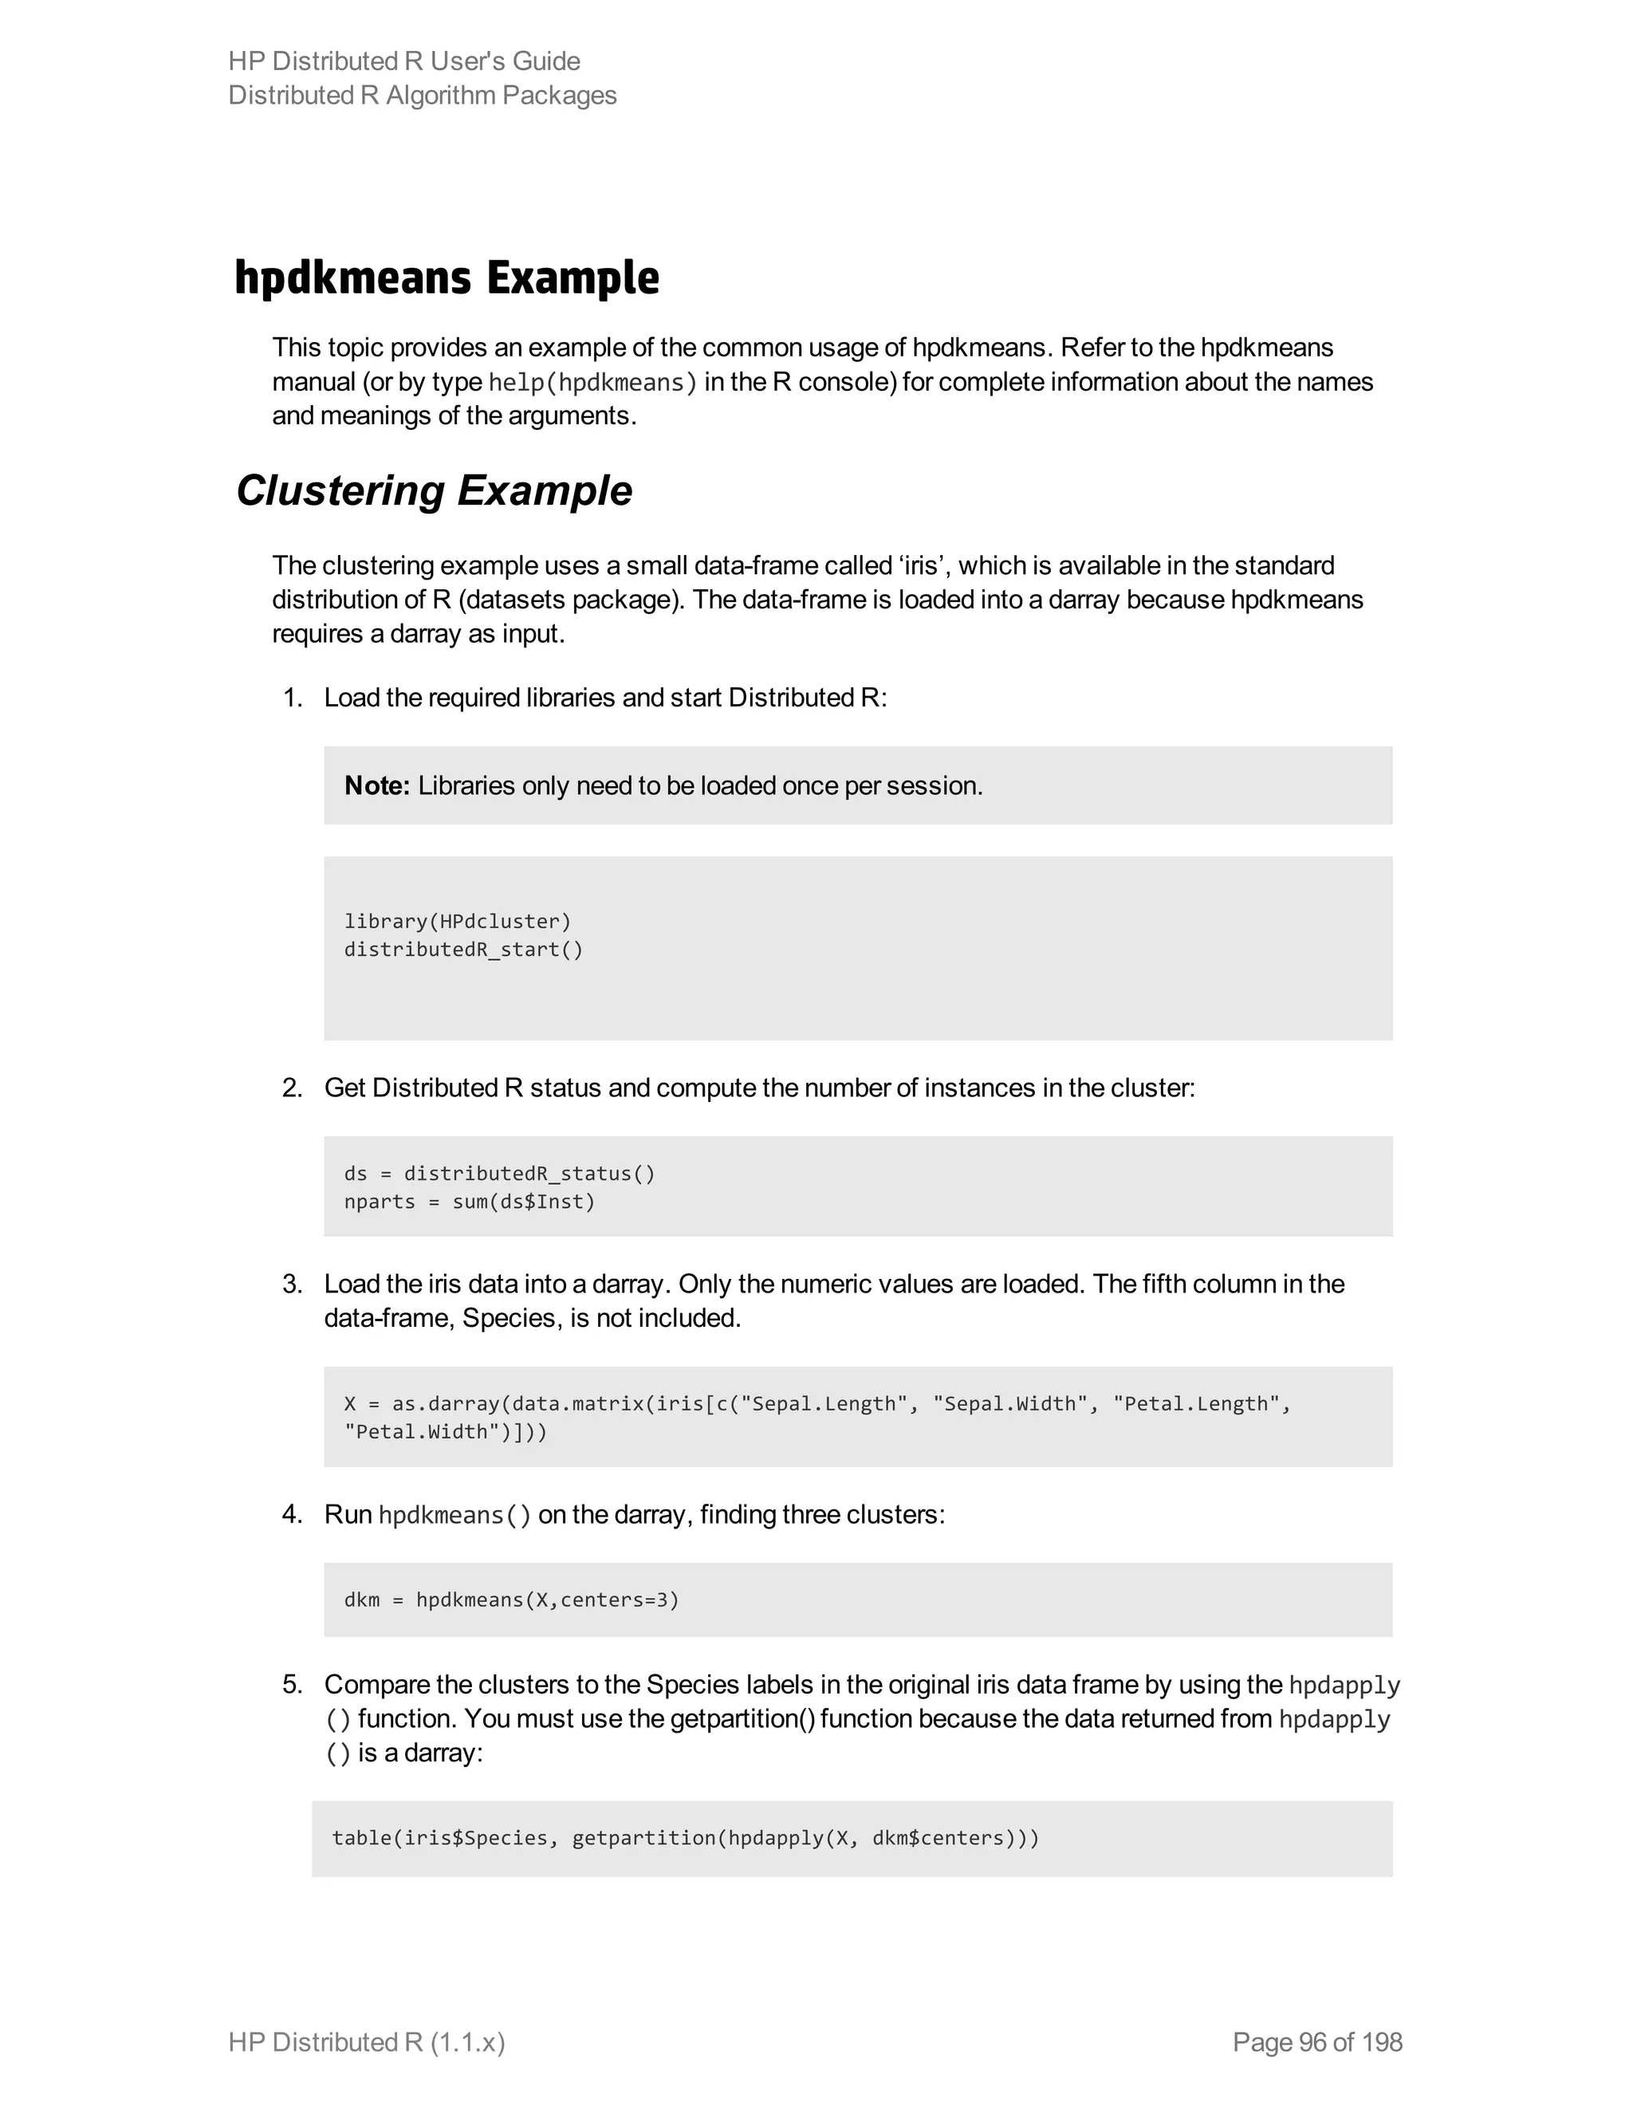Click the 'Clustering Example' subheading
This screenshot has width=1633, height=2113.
pyautogui.click(x=434, y=490)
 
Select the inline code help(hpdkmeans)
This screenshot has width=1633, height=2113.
pyautogui.click(x=592, y=382)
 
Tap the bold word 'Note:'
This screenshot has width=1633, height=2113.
pyautogui.click(x=377, y=785)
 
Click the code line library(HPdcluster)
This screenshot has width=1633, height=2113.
pyautogui.click(x=458, y=921)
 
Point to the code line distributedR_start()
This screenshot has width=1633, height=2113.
pyautogui.click(x=463, y=949)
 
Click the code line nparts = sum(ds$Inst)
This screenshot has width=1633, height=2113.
pyautogui.click(x=469, y=1202)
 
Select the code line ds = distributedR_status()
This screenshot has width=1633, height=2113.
pyautogui.click(x=499, y=1174)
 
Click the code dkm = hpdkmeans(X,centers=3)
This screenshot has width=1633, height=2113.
pyautogui.click(x=511, y=1600)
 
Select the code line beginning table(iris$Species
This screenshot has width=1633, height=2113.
pyautogui.click(x=685, y=1838)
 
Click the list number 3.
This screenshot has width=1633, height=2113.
pyautogui.click(x=291, y=1284)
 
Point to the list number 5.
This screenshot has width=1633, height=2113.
pyautogui.click(x=291, y=1684)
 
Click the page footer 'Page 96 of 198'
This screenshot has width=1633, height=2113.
pyautogui.click(x=1316, y=2042)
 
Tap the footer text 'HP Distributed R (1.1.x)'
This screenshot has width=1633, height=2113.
pyautogui.click(x=367, y=2042)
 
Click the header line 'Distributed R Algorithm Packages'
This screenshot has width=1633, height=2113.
pyautogui.click(x=422, y=95)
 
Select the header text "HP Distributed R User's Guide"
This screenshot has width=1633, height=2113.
pyautogui.click(x=404, y=61)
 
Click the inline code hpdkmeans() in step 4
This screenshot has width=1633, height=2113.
pyautogui.click(x=454, y=1515)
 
